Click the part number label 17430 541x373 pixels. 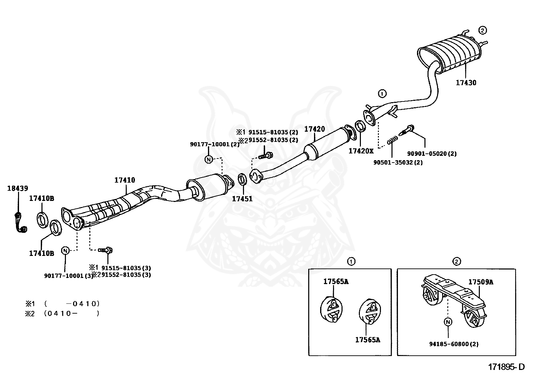pyautogui.click(x=466, y=82)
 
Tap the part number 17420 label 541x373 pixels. pyautogui.click(x=314, y=129)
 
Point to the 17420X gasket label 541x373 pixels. pyautogui.click(x=361, y=151)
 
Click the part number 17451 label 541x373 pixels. pyautogui.click(x=242, y=199)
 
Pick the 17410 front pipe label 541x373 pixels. pyautogui.click(x=125, y=180)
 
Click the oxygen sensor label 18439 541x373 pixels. pyautogui.click(x=18, y=188)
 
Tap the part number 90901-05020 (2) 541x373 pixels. pyautogui.click(x=432, y=154)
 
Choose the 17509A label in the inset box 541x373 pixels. pyautogui.click(x=481, y=282)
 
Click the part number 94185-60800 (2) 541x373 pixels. pyautogui.click(x=454, y=344)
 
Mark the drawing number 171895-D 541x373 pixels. pyautogui.click(x=506, y=367)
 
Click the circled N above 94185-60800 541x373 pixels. pyautogui.click(x=448, y=322)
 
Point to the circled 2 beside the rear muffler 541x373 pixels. pyautogui.click(x=483, y=30)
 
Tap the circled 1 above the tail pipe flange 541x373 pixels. pyautogui.click(x=382, y=93)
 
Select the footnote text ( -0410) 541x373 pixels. pyautogui.click(x=71, y=303)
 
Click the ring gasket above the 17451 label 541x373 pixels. pyautogui.click(x=242, y=179)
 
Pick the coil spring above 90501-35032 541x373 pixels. pyautogui.click(x=392, y=139)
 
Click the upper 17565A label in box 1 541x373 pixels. pyautogui.click(x=336, y=281)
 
